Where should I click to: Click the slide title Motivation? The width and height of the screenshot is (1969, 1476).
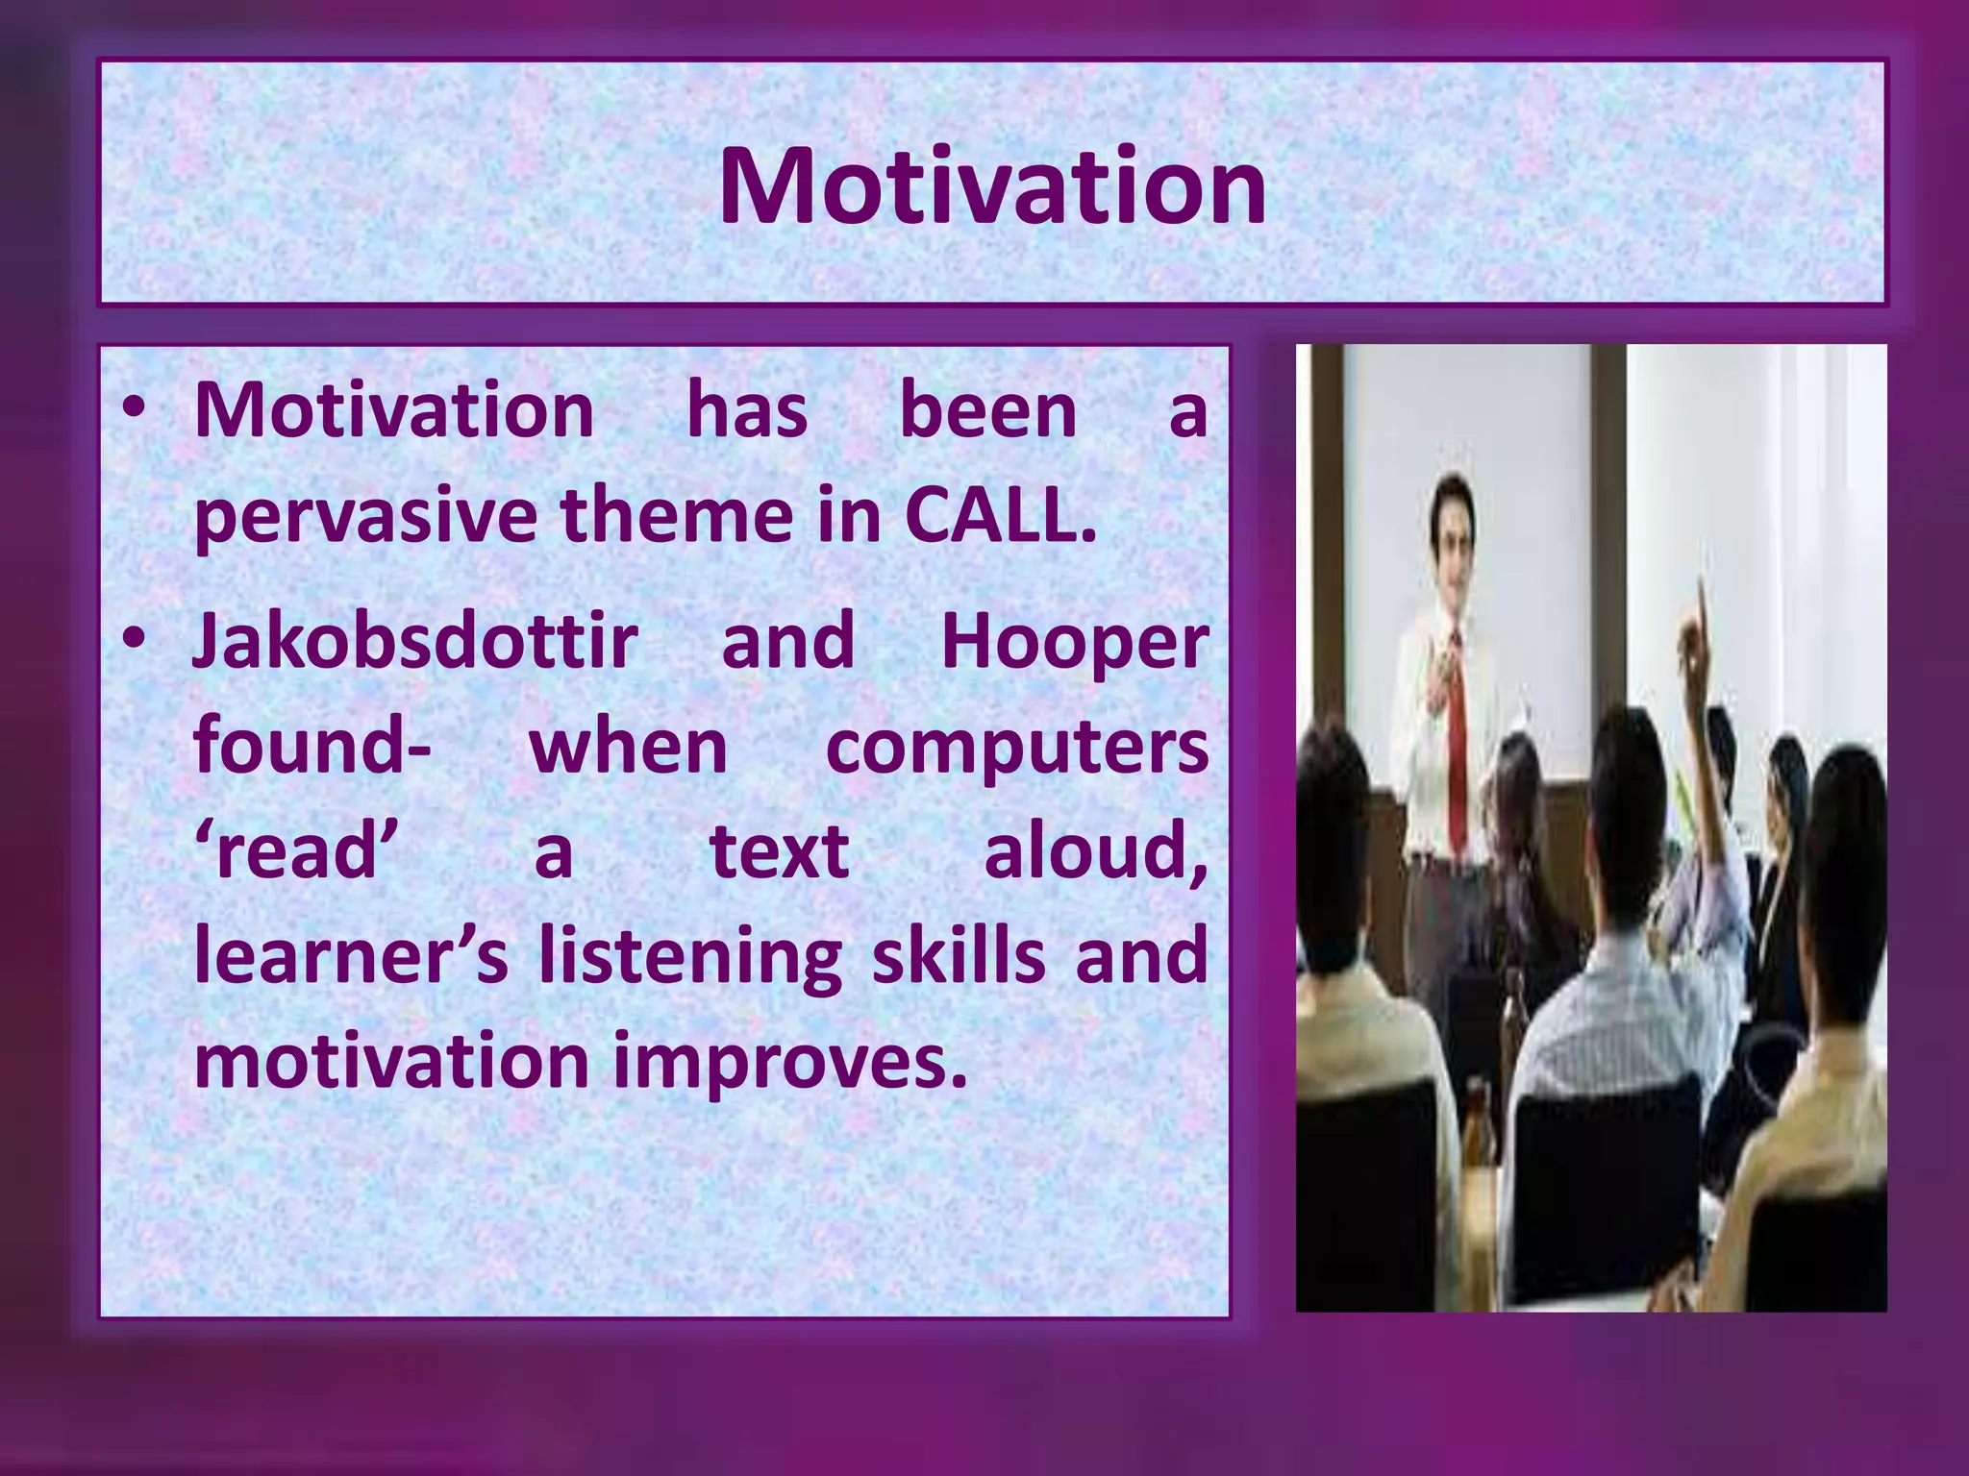992,186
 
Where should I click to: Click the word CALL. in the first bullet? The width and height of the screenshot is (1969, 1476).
1000,516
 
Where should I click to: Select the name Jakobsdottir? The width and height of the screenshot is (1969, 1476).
415,641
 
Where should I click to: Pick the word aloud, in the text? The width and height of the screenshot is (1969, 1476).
1095,851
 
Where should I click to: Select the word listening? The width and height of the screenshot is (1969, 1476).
689,958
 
